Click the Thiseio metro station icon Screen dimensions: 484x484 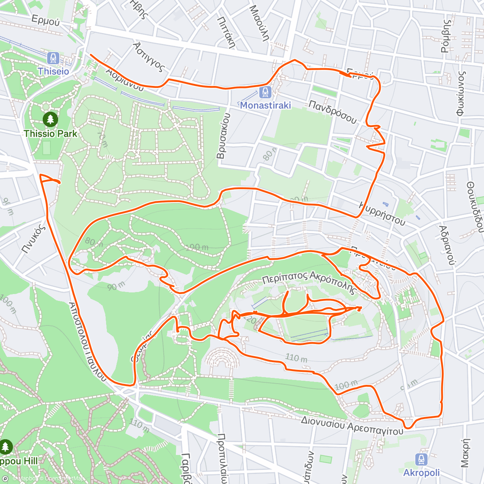coord(53,58)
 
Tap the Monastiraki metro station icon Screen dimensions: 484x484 coord(265,93)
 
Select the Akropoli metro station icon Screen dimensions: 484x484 coord(421,460)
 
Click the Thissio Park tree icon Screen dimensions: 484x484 coord(50,119)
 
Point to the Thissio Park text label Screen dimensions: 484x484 coord(50,134)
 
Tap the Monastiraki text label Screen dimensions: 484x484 coord(265,105)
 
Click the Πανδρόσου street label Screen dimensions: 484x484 coord(333,112)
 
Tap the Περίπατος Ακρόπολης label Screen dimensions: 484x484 coord(310,282)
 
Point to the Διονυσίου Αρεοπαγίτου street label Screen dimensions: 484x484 coord(352,426)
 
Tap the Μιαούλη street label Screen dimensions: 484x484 coord(259,23)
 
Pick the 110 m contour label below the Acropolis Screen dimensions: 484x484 coord(296,358)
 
